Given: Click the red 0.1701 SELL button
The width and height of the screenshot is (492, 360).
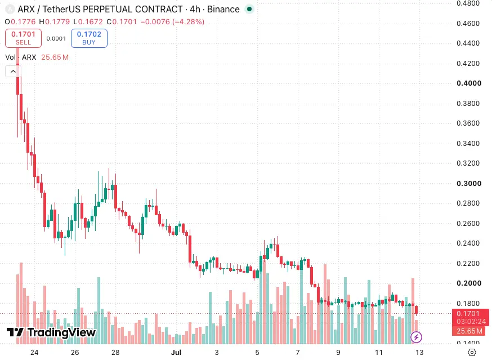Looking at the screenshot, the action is click(x=23, y=38).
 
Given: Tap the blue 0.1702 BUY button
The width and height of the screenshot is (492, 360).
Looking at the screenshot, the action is click(x=89, y=38).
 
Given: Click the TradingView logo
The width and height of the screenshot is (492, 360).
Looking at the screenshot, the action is click(x=51, y=332).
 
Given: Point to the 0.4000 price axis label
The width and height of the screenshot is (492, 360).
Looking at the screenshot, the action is click(x=469, y=83).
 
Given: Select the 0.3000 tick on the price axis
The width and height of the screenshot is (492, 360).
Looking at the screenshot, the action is click(x=469, y=184).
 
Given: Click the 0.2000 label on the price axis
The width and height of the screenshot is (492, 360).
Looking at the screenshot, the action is click(x=469, y=283).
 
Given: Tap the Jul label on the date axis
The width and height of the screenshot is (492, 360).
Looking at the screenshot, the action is click(x=176, y=353).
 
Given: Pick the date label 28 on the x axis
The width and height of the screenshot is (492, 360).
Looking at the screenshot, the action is click(x=115, y=353).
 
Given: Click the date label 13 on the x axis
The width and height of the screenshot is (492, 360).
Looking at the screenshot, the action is click(x=419, y=353).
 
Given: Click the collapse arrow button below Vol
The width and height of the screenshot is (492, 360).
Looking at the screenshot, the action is click(x=13, y=72).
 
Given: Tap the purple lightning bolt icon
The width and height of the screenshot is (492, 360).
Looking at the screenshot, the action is click(x=417, y=337).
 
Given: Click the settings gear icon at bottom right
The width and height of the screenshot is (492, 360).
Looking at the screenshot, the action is click(x=472, y=353).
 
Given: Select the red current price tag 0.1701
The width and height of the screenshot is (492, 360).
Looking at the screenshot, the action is click(x=468, y=313).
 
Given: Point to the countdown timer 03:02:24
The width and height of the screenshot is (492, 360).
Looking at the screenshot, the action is click(x=471, y=321).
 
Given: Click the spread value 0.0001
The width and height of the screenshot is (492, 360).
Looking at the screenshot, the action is click(x=56, y=39).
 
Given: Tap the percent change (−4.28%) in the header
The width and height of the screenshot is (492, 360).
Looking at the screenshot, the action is click(x=188, y=21).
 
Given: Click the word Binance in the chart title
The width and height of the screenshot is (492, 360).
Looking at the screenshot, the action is click(x=223, y=10).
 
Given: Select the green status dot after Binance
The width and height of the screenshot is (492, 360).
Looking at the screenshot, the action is click(x=249, y=9).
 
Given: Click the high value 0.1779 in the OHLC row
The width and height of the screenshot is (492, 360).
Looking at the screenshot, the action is click(x=57, y=21).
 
